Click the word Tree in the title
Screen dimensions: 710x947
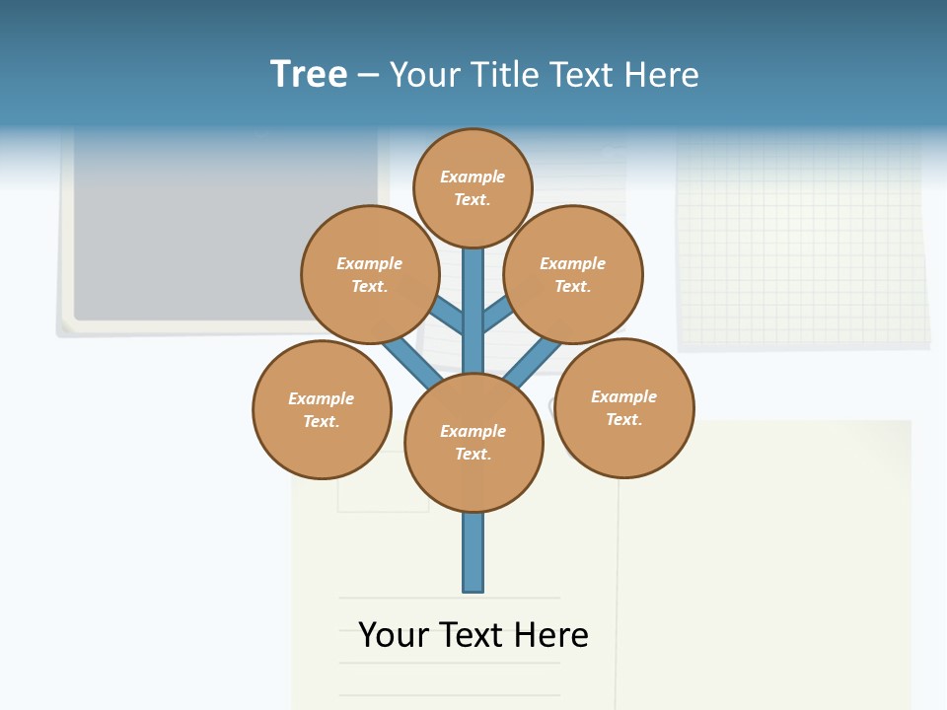[x=309, y=74]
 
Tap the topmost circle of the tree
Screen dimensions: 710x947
[x=473, y=187]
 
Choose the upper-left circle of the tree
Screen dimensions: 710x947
[x=370, y=274]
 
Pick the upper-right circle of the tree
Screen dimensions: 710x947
[x=573, y=274]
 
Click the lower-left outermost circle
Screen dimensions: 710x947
[x=322, y=409]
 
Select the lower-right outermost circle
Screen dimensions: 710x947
[x=623, y=407]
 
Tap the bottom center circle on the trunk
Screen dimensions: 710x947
[x=473, y=443]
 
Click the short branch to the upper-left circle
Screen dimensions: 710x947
[x=447, y=317]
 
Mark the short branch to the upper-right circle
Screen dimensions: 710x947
[x=498, y=315]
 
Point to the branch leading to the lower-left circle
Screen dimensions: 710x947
[x=412, y=362]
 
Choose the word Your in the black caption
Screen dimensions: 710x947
[x=394, y=634]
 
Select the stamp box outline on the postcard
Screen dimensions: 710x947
[x=383, y=493]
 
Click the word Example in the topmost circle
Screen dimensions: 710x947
[x=473, y=177]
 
